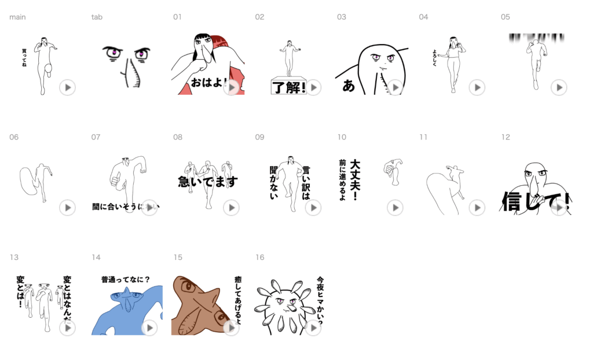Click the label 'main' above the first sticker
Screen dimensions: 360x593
point(17,17)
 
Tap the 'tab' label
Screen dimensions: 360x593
point(97,17)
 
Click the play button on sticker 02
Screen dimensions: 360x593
point(313,87)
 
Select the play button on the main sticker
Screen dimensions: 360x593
point(67,87)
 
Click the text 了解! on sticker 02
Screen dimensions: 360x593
point(288,87)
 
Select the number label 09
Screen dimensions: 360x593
point(260,137)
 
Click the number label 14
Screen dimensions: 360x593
point(96,257)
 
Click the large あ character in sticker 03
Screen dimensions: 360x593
point(349,86)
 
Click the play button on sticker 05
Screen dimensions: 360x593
point(559,87)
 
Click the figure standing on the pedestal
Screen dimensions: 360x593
point(288,58)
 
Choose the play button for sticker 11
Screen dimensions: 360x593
point(477,207)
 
